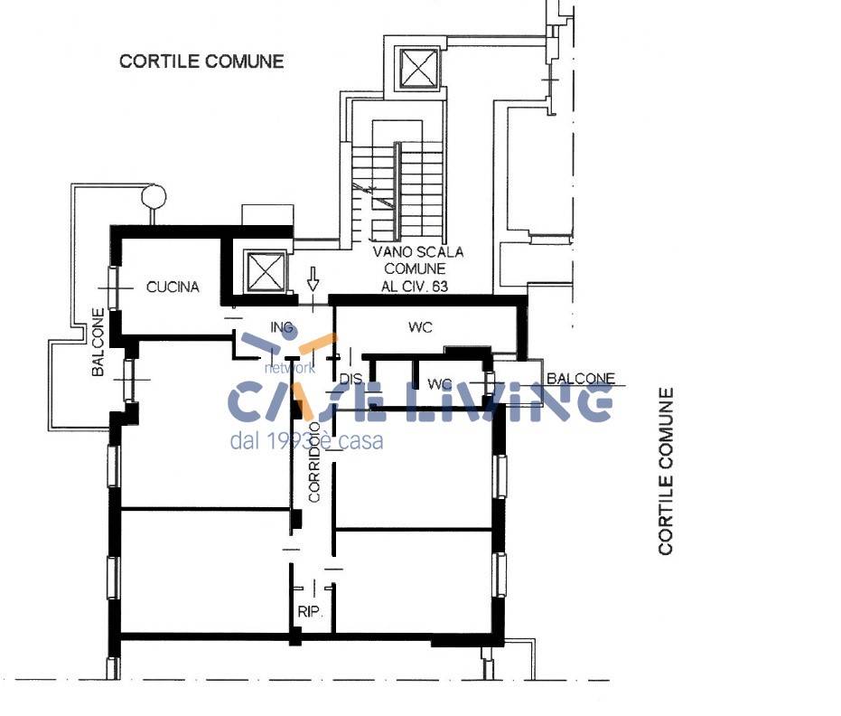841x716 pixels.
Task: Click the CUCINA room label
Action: [x=173, y=287]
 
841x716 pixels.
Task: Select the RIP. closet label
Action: [x=310, y=612]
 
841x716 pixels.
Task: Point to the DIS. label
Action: [x=350, y=379]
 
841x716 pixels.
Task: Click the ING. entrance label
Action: [x=283, y=327]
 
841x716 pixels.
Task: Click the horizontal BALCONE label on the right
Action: [x=580, y=379]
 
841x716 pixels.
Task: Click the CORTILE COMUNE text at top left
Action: [x=201, y=61]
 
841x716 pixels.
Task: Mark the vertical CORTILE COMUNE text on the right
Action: [x=667, y=470]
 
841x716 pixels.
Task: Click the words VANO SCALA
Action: [x=418, y=252]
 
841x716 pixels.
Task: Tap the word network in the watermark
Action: [x=289, y=368]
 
